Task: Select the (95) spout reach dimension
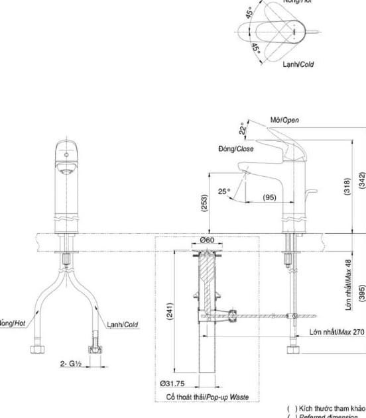tap(269, 198)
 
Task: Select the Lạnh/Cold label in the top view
tap(298, 64)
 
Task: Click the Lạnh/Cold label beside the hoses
tap(122, 325)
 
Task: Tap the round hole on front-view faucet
tap(65, 155)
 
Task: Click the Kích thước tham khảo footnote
tap(325, 409)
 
